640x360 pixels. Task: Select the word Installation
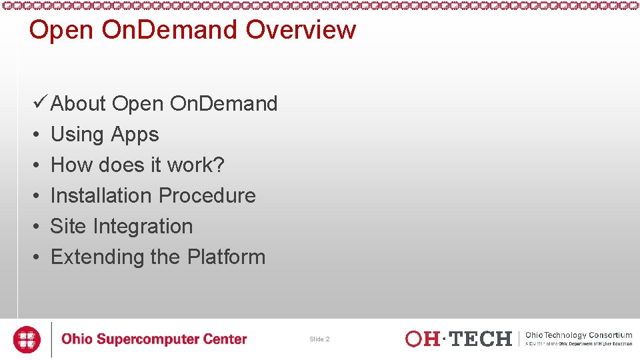pyautogui.click(x=101, y=195)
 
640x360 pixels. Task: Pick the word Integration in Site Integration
pyautogui.click(x=143, y=227)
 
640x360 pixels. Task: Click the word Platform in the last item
pyautogui.click(x=226, y=257)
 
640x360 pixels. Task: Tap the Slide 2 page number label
pyautogui.click(x=319, y=339)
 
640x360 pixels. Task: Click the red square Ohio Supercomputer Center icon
pyautogui.click(x=27, y=339)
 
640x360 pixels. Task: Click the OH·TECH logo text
pyautogui.click(x=458, y=339)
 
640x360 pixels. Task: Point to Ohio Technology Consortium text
pyautogui.click(x=579, y=335)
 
